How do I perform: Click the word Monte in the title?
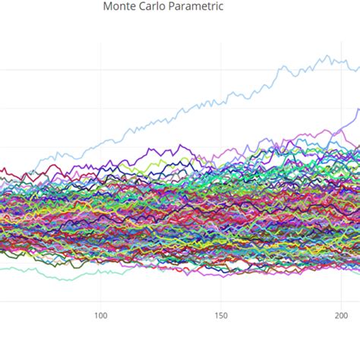pos(120,7)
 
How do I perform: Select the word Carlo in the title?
pos(155,7)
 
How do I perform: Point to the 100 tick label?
pos(100,315)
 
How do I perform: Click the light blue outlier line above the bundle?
pos(228,99)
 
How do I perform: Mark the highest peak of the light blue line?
pos(327,55)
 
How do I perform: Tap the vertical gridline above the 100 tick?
pos(100,76)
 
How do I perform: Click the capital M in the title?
pos(107,7)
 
